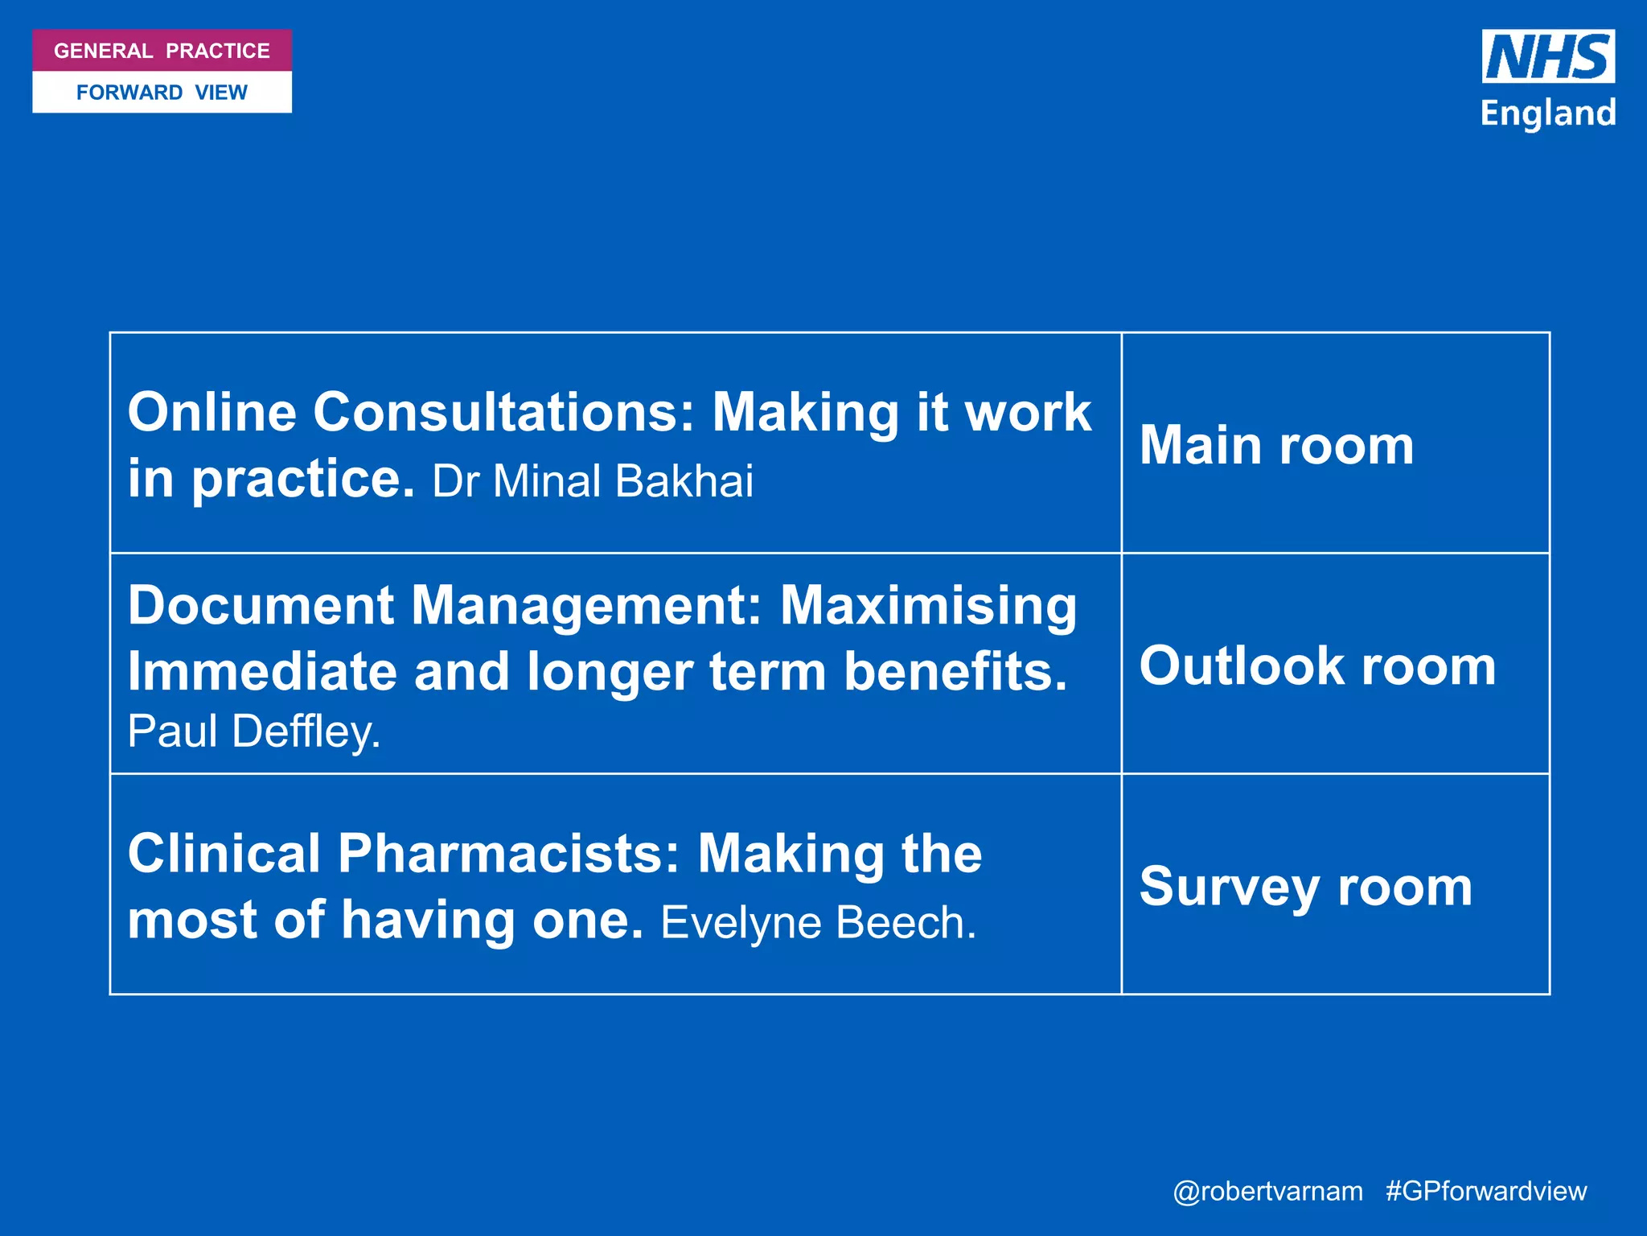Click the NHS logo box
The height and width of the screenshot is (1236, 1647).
tap(1547, 56)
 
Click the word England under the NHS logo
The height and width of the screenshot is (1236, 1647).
tap(1547, 113)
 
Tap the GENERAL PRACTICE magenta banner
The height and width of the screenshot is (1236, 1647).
tap(162, 51)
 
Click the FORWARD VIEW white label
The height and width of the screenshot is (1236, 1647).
tap(162, 93)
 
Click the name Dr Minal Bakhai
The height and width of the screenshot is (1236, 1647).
tap(593, 481)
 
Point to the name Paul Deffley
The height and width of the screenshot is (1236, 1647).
tap(253, 731)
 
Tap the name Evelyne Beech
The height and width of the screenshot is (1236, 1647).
tap(818, 922)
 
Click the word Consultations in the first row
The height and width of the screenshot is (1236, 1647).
tap(503, 413)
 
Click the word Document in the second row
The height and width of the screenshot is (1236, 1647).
tap(261, 605)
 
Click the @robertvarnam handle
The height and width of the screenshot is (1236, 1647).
tap(1267, 1191)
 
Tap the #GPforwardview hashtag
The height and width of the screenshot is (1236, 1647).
tap(1486, 1191)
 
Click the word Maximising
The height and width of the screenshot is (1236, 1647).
tap(928, 605)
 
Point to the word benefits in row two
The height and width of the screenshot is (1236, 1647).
tap(955, 671)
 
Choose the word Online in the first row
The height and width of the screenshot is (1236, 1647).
tap(212, 413)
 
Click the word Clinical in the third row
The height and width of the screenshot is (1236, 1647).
tap(224, 854)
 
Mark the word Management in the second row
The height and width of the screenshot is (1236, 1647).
tap(586, 605)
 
